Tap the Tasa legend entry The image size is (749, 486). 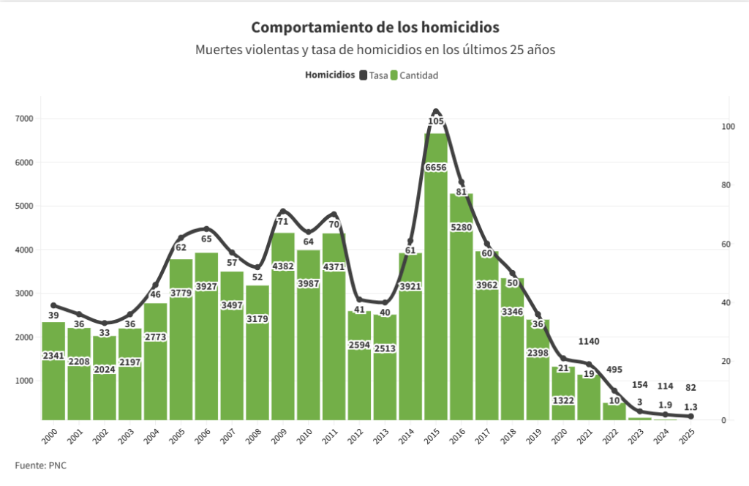[x=374, y=75]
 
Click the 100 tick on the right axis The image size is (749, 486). [x=725, y=127]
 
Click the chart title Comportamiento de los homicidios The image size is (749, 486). [x=375, y=27]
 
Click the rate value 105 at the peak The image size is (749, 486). [x=436, y=121]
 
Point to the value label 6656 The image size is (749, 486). [x=436, y=168]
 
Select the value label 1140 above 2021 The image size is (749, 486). [x=589, y=341]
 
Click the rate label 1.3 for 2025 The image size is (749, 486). [x=690, y=406]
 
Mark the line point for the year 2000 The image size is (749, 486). [x=53, y=305]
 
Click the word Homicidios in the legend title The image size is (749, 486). [x=330, y=75]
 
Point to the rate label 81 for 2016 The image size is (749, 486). [x=462, y=192]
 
